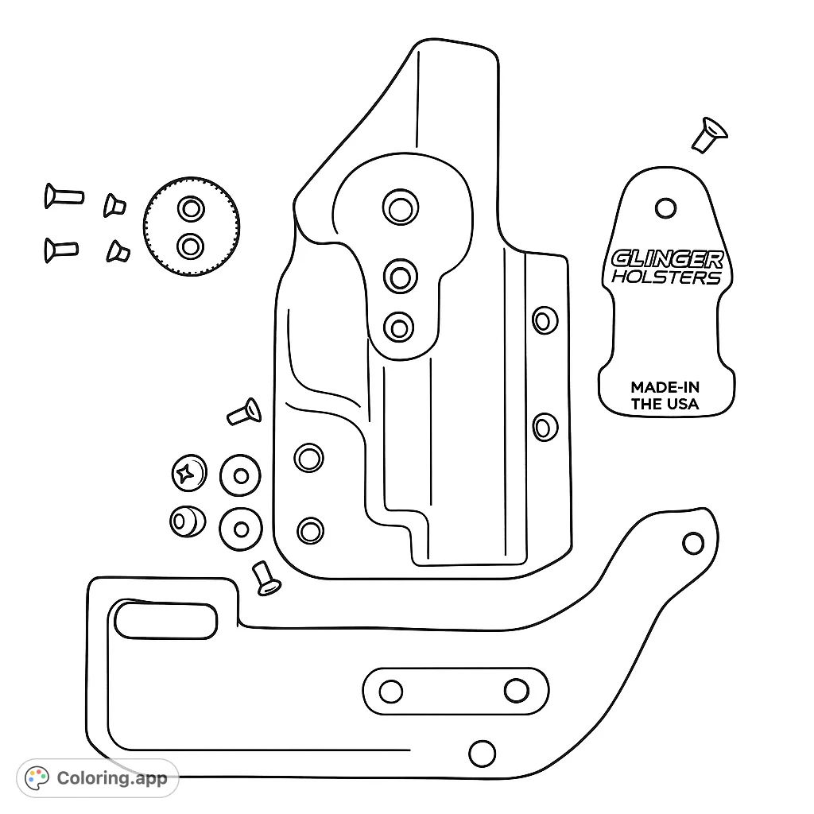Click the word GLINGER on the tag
667,259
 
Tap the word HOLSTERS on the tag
666,277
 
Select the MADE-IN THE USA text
665,395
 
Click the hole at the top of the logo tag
665,208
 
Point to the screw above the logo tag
707,134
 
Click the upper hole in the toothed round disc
191,209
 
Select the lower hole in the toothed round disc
190,246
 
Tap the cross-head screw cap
188,475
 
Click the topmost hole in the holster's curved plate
400,207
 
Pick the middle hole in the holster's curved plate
401,277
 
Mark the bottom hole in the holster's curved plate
399,326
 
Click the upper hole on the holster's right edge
544,320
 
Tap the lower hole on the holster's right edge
544,427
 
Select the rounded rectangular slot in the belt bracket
165,620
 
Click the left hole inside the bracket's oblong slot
391,691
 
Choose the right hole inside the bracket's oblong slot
517,690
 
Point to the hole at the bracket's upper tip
693,543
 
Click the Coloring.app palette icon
37,777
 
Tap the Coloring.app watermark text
112,777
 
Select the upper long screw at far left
64,195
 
